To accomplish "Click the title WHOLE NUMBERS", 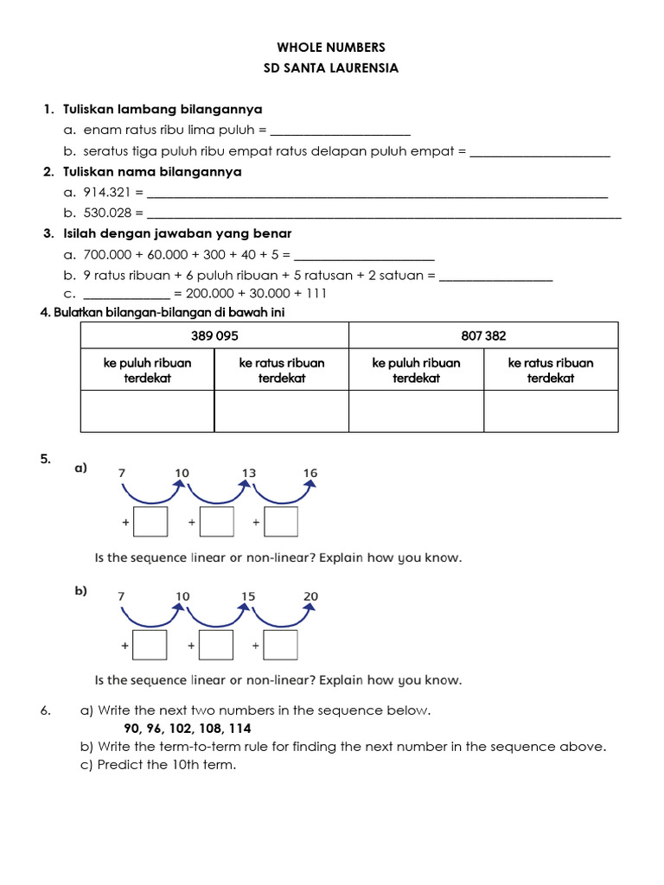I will point(331,48).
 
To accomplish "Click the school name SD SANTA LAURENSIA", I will point(331,68).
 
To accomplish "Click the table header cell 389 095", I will point(214,335).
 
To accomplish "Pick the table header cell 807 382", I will point(483,335).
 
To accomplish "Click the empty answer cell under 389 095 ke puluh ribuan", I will point(147,411).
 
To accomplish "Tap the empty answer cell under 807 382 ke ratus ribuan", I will point(551,411).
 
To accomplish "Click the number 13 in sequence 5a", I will point(249,473).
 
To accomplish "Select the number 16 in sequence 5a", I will point(310,473).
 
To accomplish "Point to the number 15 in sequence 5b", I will point(249,596).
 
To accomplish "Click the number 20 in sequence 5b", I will point(310,596).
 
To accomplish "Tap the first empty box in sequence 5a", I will point(151,522).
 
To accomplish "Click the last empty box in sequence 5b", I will point(281,645).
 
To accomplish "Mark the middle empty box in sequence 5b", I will point(216,645).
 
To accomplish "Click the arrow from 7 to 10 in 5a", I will point(152,493).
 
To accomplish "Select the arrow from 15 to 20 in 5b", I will point(281,616).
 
